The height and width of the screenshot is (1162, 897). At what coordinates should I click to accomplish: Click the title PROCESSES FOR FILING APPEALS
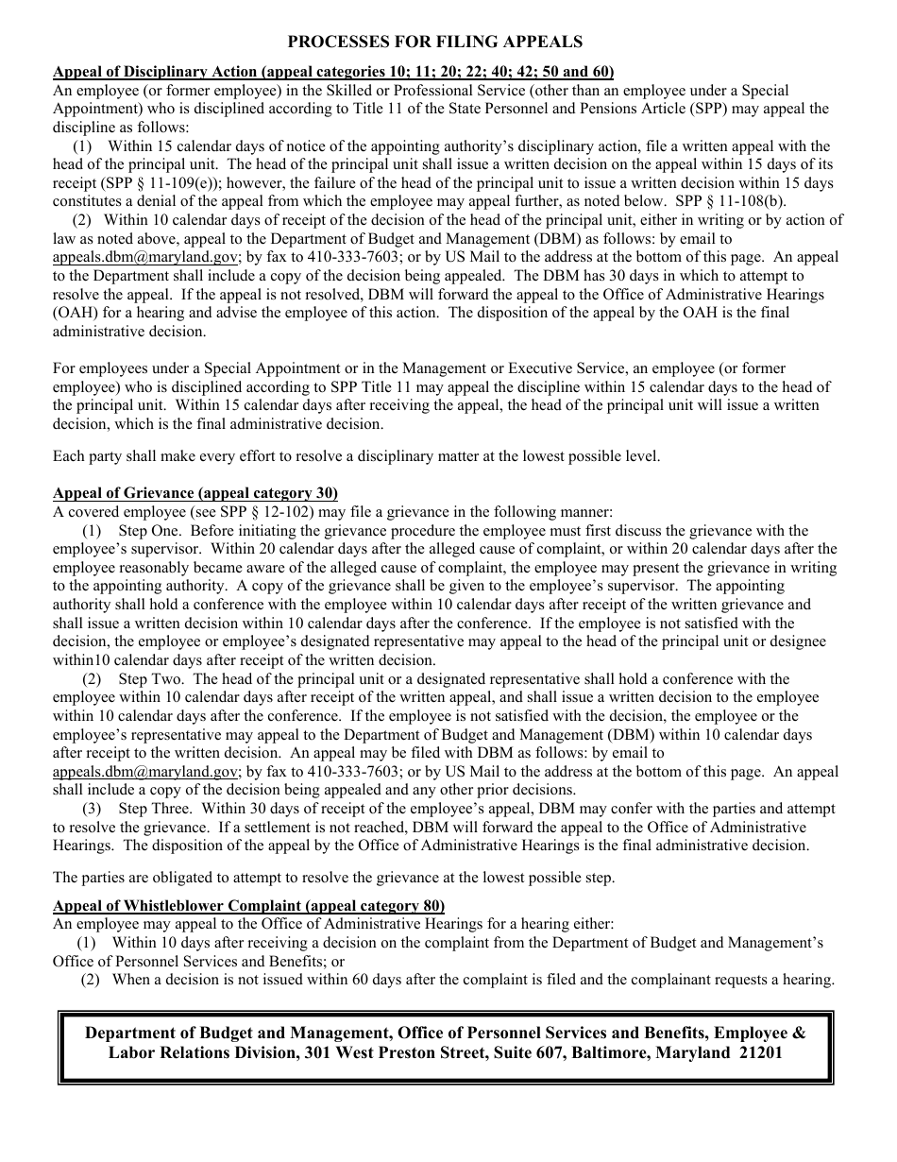tap(434, 42)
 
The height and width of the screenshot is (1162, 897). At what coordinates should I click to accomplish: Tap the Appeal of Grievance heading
tap(195, 493)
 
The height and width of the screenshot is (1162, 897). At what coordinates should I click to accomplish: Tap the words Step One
tap(146, 531)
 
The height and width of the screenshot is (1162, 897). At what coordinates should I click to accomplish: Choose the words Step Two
tap(147, 678)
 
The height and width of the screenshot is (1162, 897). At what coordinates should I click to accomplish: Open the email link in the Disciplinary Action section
tap(146, 257)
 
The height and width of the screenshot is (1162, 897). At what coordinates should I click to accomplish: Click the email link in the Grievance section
tap(146, 771)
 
